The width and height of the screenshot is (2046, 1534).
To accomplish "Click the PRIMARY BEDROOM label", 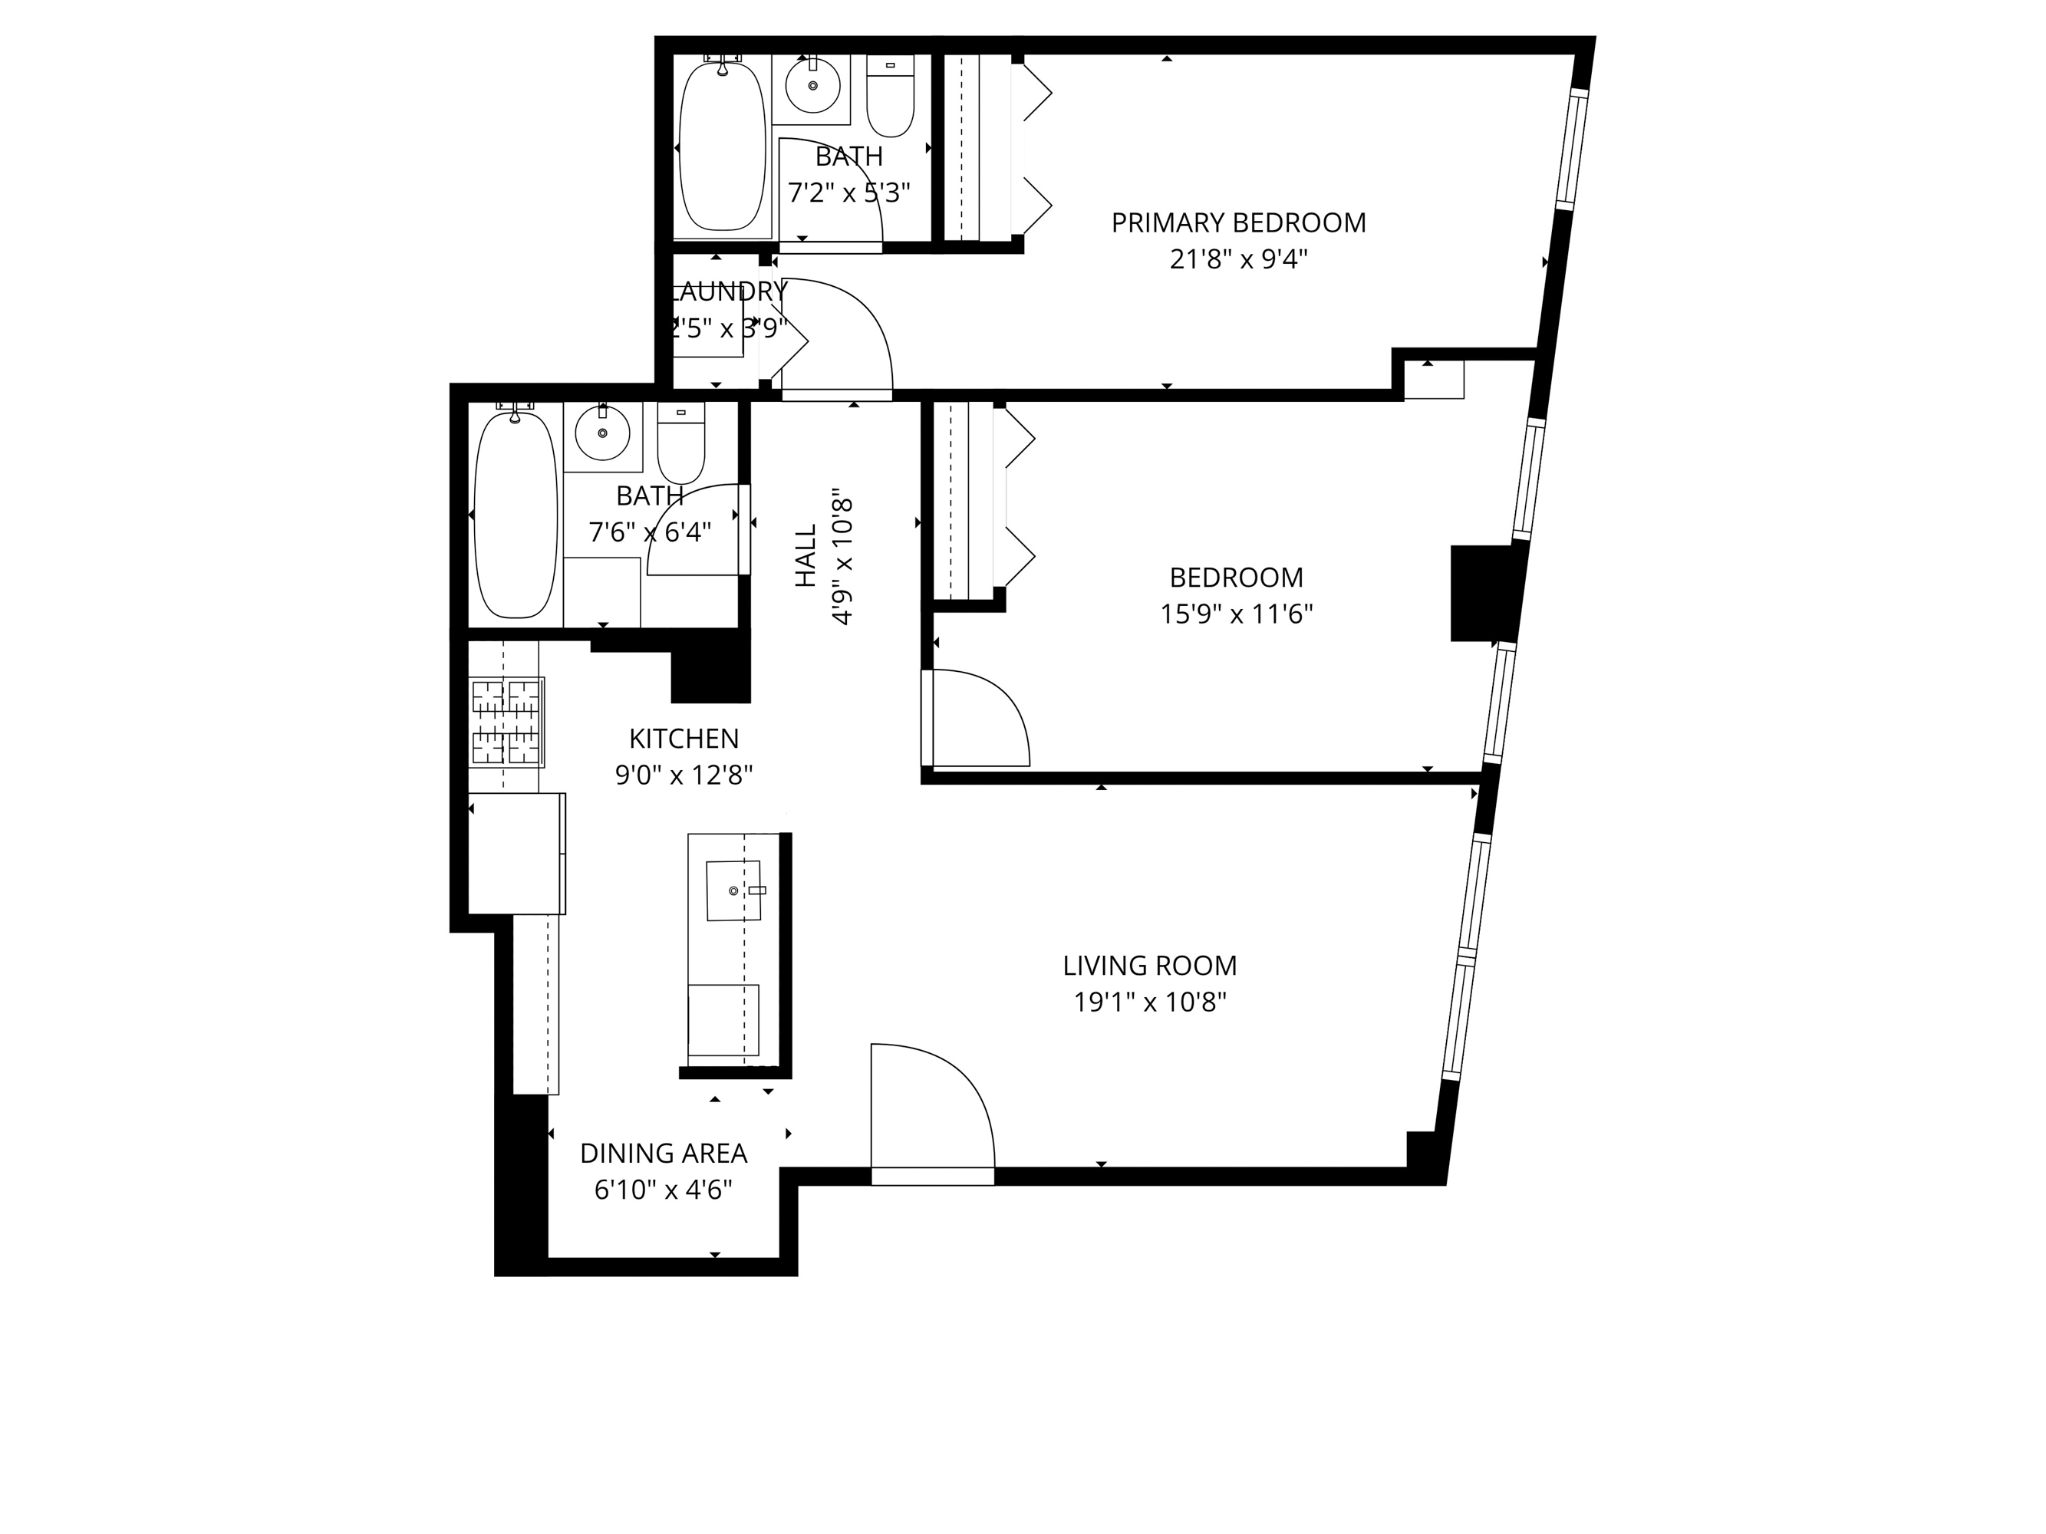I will [1237, 223].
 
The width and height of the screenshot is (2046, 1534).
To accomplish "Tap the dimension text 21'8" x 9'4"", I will [1237, 260].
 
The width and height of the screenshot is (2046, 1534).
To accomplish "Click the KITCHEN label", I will [684, 739].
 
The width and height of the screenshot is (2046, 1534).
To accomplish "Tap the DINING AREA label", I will [663, 1153].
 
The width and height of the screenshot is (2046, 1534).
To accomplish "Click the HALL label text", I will [806, 556].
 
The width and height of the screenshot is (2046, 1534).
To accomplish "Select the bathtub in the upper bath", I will [723, 145].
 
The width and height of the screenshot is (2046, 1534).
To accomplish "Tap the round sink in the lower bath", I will [602, 433].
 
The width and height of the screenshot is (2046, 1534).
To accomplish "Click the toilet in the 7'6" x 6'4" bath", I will [680, 443].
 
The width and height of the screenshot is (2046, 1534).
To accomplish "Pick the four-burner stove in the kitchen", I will [506, 723].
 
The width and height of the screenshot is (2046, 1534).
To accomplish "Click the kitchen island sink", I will [733, 890].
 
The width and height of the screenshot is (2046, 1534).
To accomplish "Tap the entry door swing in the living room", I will [930, 1110].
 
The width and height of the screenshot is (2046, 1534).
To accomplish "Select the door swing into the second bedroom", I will [977, 719].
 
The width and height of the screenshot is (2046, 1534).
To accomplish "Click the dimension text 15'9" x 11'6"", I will [1236, 614].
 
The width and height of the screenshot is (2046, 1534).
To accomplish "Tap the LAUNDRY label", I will [727, 291].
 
